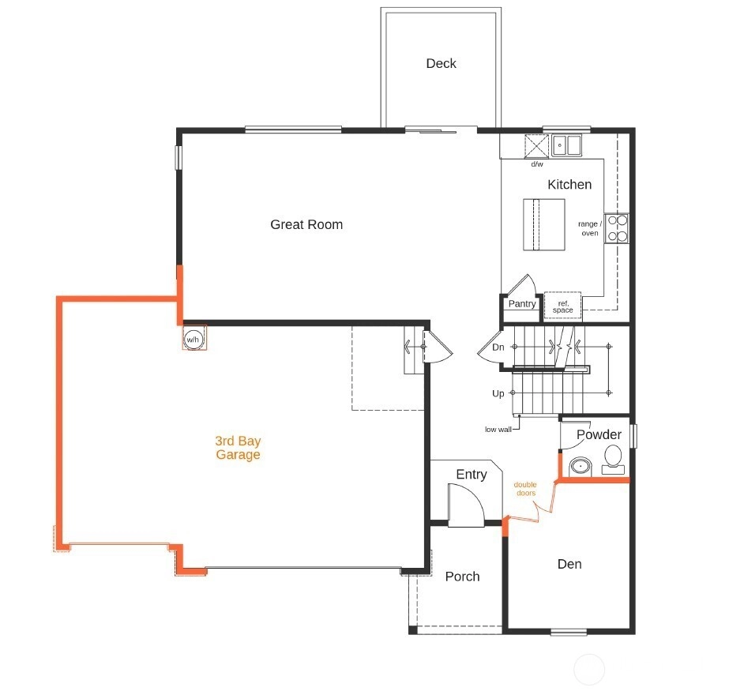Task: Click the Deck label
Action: (x=441, y=63)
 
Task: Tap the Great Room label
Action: (x=306, y=224)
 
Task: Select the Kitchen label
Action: (x=569, y=185)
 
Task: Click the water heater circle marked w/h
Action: (x=193, y=339)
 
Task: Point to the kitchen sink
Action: (x=566, y=145)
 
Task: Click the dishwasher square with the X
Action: (x=536, y=146)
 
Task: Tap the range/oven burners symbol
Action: (x=617, y=228)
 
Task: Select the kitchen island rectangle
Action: (x=544, y=224)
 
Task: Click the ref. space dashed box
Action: (x=562, y=306)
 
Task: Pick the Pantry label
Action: (x=522, y=303)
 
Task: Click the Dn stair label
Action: (x=498, y=347)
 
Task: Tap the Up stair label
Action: (x=498, y=394)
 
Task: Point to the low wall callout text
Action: (x=498, y=430)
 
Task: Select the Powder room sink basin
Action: (x=581, y=466)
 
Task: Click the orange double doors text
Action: (x=526, y=489)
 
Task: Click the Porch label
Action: (x=462, y=577)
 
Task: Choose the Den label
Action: (x=569, y=564)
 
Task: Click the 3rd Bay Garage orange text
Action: (x=238, y=448)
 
